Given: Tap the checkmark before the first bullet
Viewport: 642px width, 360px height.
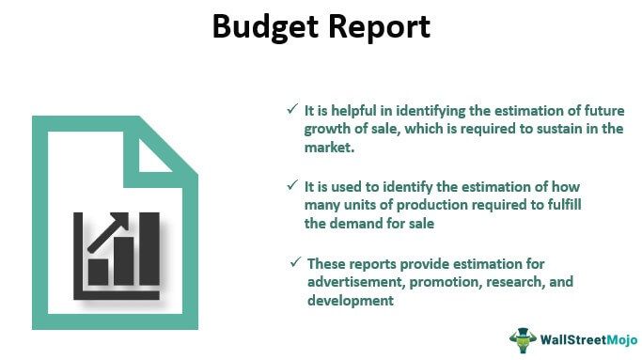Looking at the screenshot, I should coord(292,109).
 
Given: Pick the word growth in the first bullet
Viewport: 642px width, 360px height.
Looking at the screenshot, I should coord(326,130).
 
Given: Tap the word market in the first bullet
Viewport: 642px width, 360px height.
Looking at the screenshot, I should coord(327,149).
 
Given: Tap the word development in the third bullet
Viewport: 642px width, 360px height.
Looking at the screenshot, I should coord(349,301).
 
